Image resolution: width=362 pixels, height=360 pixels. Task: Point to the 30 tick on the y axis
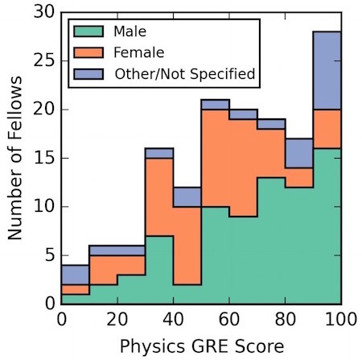[44, 13]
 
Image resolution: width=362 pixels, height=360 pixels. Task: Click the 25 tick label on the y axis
[44, 61]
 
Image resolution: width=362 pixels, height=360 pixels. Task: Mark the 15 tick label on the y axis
[44, 158]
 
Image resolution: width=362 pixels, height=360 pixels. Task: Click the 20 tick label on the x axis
[117, 320]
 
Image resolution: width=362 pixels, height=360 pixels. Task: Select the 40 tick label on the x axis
[173, 320]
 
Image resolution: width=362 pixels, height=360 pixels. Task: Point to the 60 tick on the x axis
[229, 320]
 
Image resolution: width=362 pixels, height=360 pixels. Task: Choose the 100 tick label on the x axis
[340, 320]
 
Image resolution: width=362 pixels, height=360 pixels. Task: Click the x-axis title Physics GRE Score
[201, 346]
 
